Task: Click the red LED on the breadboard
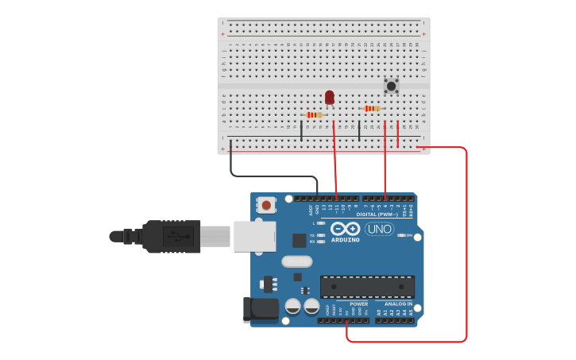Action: (x=329, y=97)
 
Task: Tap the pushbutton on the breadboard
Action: (x=391, y=85)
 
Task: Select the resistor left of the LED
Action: (x=314, y=115)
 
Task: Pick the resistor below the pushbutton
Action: (x=371, y=108)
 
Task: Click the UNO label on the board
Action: (x=380, y=229)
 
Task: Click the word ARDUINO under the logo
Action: (x=346, y=239)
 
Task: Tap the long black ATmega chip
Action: (x=367, y=286)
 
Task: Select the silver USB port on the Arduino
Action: (x=255, y=236)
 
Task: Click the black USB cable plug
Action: (x=171, y=236)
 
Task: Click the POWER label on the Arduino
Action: (x=358, y=304)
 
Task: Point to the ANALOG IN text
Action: (x=399, y=304)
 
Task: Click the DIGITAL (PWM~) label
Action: (x=377, y=214)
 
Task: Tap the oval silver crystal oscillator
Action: (x=296, y=261)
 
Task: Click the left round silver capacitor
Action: (x=292, y=306)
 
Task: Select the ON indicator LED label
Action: (x=409, y=235)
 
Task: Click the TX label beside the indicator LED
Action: (x=312, y=235)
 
